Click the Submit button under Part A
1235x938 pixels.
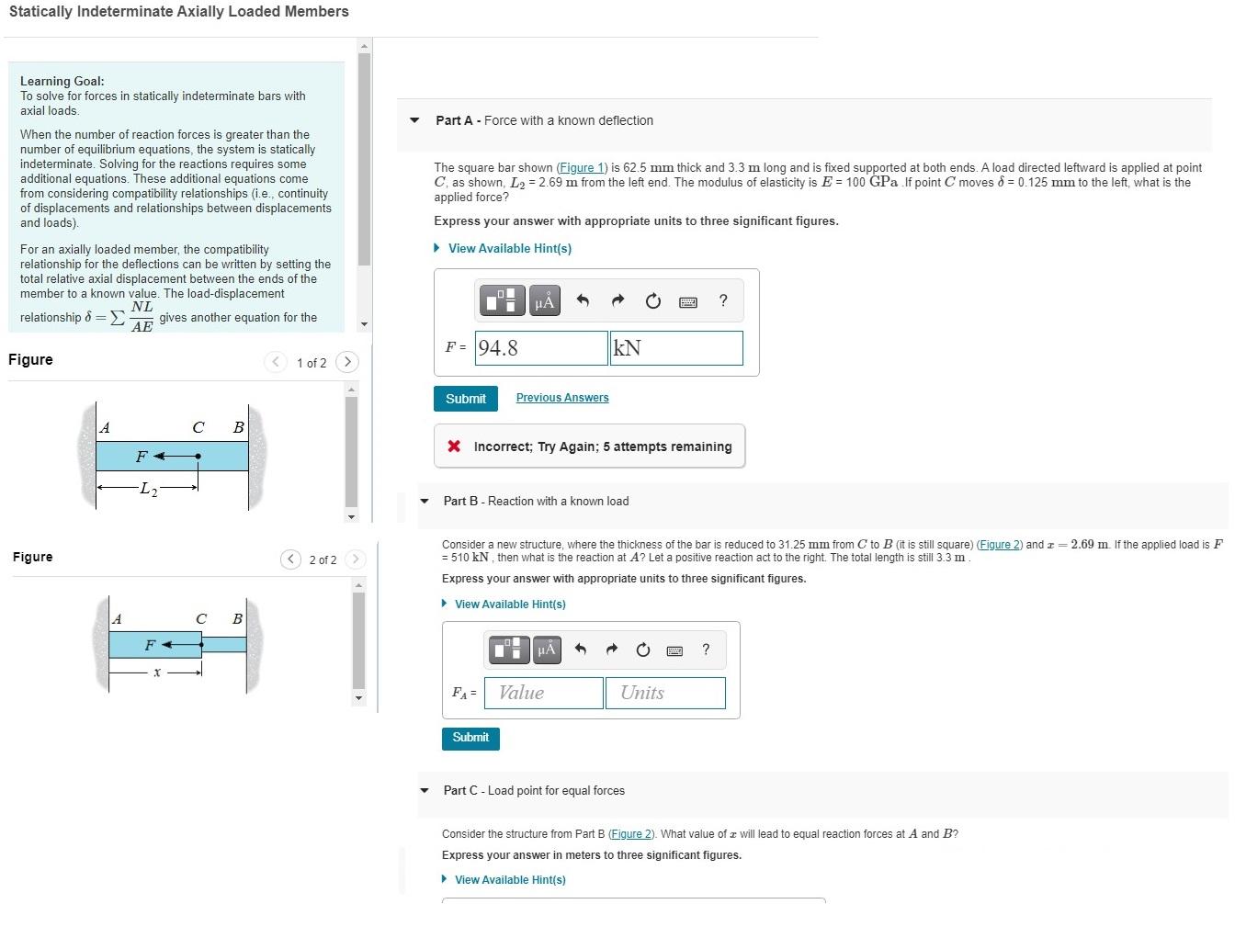[x=466, y=399]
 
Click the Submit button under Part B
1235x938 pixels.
[x=470, y=738]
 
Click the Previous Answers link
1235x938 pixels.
[x=562, y=398]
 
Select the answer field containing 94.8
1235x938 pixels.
[x=541, y=348]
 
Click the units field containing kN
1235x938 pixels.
[x=676, y=348]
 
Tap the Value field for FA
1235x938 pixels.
[x=544, y=693]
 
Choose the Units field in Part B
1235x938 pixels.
[x=665, y=693]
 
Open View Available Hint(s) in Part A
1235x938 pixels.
[x=509, y=249]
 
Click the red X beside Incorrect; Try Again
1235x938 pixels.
[x=454, y=446]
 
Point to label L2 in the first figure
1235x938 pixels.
[x=148, y=490]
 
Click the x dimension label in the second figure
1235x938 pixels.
[x=157, y=672]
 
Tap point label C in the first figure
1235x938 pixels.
[x=198, y=427]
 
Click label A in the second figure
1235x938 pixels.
[x=117, y=619]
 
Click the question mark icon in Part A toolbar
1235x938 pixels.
[x=723, y=300]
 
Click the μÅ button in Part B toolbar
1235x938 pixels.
[x=546, y=650]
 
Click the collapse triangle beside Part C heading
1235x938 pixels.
[x=425, y=790]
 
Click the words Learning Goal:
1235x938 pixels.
[x=62, y=81]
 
